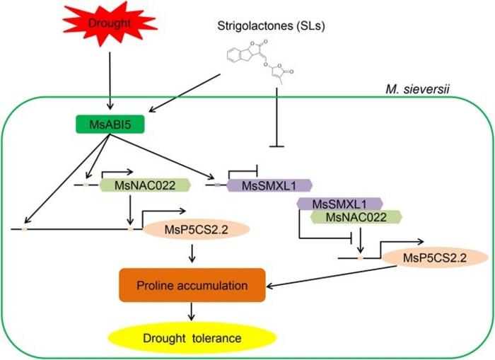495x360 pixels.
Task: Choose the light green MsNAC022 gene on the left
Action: click(x=132, y=185)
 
